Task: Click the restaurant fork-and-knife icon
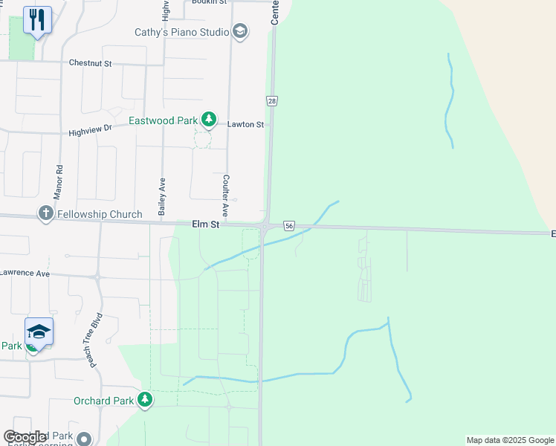[37, 19]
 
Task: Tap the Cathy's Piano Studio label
[181, 32]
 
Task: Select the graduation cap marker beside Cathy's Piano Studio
[239, 31]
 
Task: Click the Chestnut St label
[90, 64]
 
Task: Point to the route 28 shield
[272, 100]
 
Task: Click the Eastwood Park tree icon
[210, 120]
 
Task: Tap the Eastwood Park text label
[163, 120]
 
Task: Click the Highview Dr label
[89, 130]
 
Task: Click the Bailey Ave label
[161, 195]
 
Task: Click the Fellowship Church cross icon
[45, 214]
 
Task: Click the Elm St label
[206, 224]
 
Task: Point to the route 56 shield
[289, 225]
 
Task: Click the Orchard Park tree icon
[145, 401]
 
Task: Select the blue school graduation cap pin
[39, 331]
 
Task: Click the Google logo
[25, 437]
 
